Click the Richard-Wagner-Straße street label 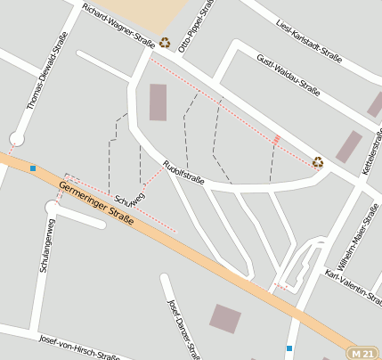click(118, 24)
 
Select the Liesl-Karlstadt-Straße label click(309, 38)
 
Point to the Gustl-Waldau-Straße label click(288, 73)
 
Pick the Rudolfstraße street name click(184, 171)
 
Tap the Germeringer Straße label click(95, 203)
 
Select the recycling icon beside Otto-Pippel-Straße click(166, 41)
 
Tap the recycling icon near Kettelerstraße click(318, 161)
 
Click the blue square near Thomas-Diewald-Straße click(33, 168)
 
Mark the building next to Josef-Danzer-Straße click(224, 318)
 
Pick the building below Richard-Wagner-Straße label click(158, 102)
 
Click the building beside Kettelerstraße click(348, 146)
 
